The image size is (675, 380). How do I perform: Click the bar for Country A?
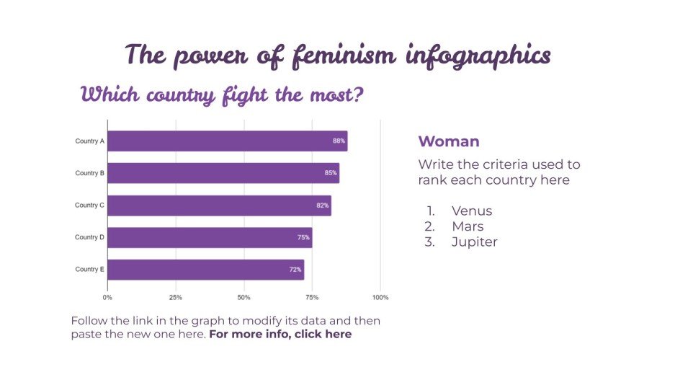click(227, 141)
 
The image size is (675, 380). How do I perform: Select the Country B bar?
click(223, 173)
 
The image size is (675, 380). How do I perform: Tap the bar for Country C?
click(219, 206)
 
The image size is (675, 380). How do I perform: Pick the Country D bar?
click(210, 237)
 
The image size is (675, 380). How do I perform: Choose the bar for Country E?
click(205, 270)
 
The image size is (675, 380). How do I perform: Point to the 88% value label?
click(339, 141)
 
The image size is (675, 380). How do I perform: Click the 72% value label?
click(295, 270)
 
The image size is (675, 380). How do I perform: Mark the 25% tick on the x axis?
click(176, 297)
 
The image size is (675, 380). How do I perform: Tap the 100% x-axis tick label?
click(380, 297)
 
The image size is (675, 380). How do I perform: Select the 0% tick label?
click(107, 297)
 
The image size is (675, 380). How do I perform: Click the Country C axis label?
click(90, 206)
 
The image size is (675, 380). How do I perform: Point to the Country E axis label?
click(90, 270)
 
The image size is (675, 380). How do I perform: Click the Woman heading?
click(448, 141)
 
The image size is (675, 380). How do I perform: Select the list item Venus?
click(472, 211)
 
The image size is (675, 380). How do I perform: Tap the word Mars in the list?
click(468, 226)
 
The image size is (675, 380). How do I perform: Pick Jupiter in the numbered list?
click(474, 242)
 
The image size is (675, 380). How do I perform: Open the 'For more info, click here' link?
click(280, 335)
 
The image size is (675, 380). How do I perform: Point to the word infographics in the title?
click(477, 56)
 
